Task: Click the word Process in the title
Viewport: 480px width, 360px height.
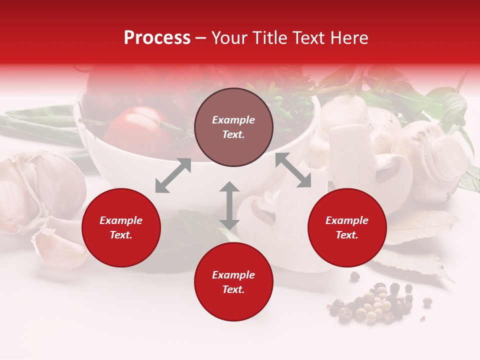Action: click(x=157, y=38)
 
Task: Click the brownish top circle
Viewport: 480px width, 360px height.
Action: click(x=233, y=127)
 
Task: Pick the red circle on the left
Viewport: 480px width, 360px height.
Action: click(x=121, y=227)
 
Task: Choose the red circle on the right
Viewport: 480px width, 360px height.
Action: click(x=347, y=227)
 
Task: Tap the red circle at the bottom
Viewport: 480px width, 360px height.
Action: click(x=233, y=282)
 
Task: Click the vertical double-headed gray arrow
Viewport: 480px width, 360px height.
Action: click(x=229, y=205)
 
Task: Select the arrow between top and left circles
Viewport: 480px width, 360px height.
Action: click(x=173, y=175)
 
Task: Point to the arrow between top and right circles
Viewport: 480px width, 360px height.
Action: click(x=293, y=170)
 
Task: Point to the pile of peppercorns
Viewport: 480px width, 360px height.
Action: click(x=372, y=302)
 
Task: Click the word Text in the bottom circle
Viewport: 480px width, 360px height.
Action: click(x=233, y=289)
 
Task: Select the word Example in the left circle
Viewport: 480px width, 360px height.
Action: click(x=121, y=220)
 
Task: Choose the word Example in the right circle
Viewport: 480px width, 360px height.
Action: click(x=347, y=220)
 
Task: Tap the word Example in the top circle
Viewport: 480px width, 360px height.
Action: click(x=233, y=120)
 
